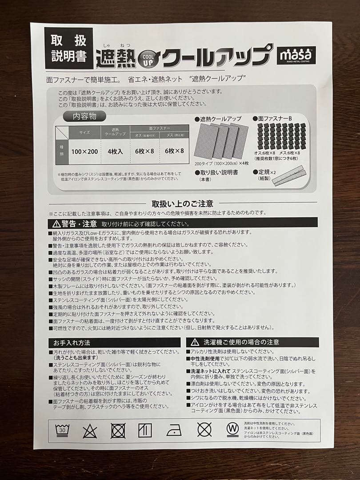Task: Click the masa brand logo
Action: pos(296,55)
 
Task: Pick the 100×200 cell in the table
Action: pos(84,151)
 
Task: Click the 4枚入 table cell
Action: pos(115,151)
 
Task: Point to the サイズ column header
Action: pos(84,132)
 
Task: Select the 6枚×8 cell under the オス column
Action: pos(144,151)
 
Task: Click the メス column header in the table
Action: pos(174,135)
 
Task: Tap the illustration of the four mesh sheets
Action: pos(221,141)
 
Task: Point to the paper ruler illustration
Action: pos(289,175)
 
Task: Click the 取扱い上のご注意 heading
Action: pos(183,204)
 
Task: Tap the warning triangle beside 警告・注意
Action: pos(56,224)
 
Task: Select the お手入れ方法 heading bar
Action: pos(114,343)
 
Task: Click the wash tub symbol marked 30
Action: pos(62,430)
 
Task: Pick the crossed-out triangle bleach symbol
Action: pos(90,431)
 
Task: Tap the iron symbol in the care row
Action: pos(174,430)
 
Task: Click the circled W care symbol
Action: pos(232,430)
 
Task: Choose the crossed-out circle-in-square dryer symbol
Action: pos(118,430)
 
